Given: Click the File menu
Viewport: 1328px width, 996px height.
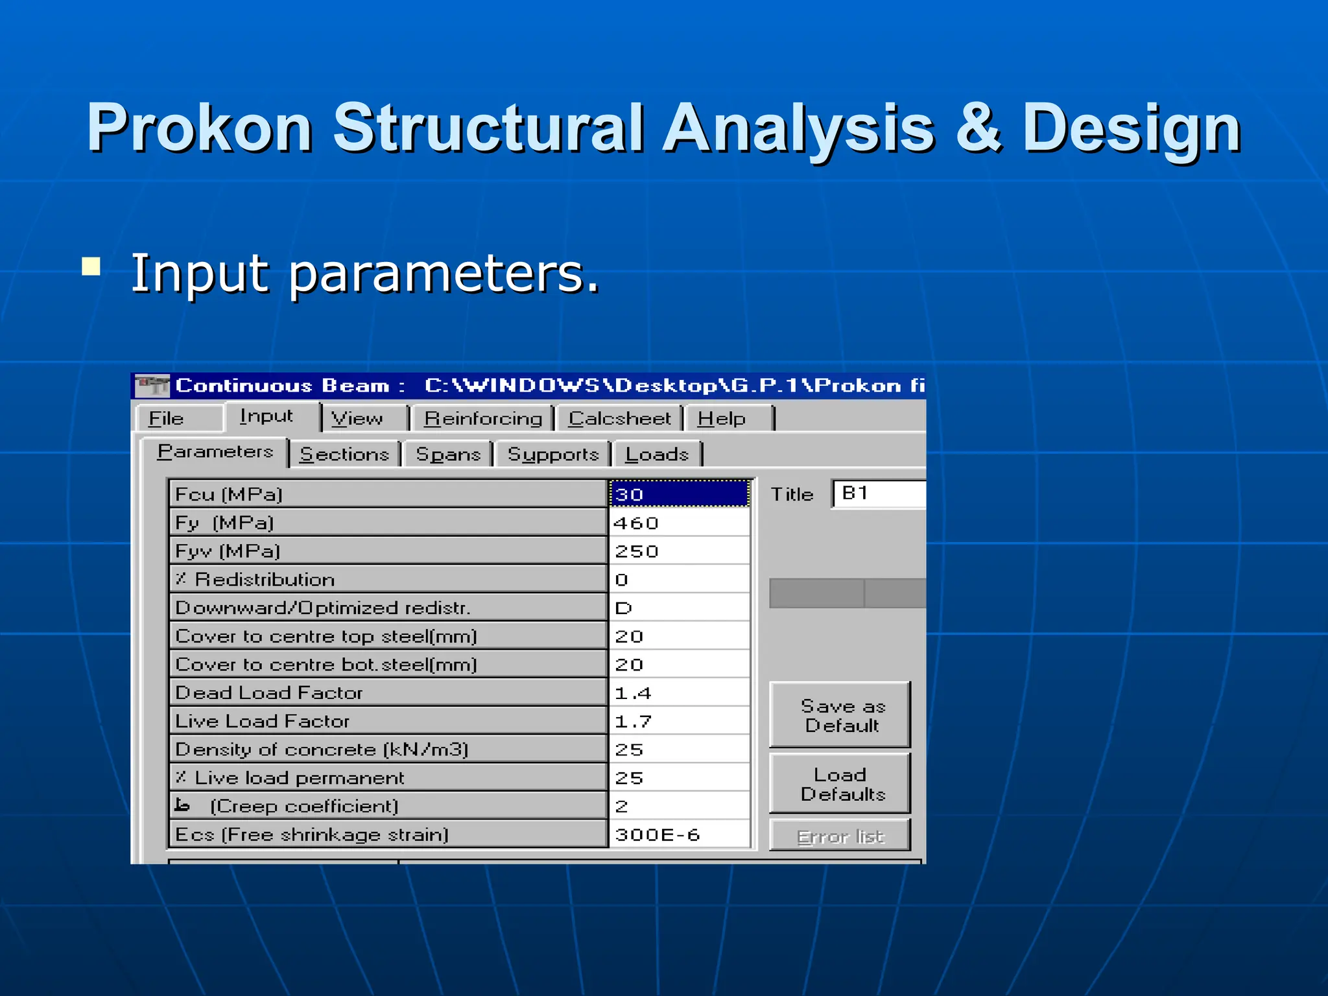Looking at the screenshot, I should [x=167, y=419].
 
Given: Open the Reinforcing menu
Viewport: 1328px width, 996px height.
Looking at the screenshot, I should [x=483, y=419].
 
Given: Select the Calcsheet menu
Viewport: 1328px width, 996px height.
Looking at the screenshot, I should [x=619, y=419].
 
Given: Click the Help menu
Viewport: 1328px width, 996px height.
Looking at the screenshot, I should [x=722, y=419].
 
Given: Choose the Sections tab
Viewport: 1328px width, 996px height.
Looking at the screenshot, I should [x=344, y=455].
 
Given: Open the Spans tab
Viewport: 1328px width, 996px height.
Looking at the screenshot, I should [x=448, y=455].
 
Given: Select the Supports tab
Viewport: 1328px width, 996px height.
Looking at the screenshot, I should [x=553, y=455].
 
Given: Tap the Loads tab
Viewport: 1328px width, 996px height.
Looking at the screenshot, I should [x=657, y=455].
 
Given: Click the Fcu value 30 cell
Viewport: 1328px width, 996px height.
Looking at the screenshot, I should [x=679, y=495].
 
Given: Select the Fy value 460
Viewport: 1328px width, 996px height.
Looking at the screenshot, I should [x=679, y=523].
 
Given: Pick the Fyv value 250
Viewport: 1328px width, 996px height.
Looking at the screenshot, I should [x=679, y=552].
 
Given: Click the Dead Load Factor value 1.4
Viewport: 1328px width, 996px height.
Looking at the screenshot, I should [x=679, y=693].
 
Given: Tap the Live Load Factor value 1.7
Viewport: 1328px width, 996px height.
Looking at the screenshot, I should [x=679, y=722].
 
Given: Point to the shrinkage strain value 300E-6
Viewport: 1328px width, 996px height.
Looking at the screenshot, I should [x=679, y=835].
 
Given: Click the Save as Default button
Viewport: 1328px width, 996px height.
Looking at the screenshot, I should [x=841, y=715].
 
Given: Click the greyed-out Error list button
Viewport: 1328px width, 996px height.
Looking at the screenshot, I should [x=841, y=836].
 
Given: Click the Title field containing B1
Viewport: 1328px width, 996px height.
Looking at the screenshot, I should [x=879, y=494].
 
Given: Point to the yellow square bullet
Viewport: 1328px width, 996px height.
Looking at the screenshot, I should [x=91, y=267].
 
